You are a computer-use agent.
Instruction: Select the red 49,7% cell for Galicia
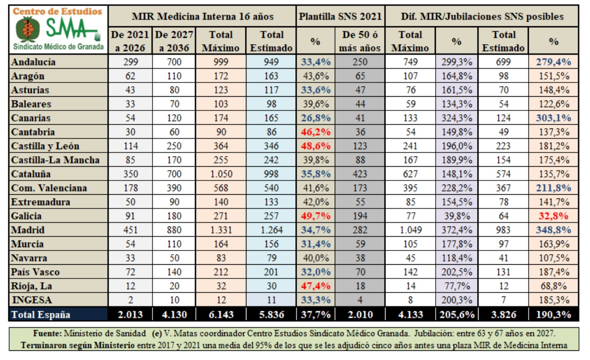315,216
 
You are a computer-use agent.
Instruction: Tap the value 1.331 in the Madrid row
221,230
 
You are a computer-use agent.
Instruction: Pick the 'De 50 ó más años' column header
361,41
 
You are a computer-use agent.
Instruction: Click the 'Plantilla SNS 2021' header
340,17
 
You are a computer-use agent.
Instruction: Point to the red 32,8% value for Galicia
553,216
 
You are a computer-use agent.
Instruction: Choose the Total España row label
41,315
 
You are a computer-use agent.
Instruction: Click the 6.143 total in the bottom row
221,315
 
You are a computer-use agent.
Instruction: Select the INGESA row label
31,300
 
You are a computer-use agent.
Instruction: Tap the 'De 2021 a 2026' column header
130,41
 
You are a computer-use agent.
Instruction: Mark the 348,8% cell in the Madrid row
553,230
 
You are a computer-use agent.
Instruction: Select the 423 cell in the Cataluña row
361,174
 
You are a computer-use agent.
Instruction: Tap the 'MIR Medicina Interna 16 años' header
203,17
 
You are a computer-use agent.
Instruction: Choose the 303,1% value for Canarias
553,118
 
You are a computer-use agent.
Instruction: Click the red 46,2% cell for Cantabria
315,132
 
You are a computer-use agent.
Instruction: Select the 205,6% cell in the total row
456,315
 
